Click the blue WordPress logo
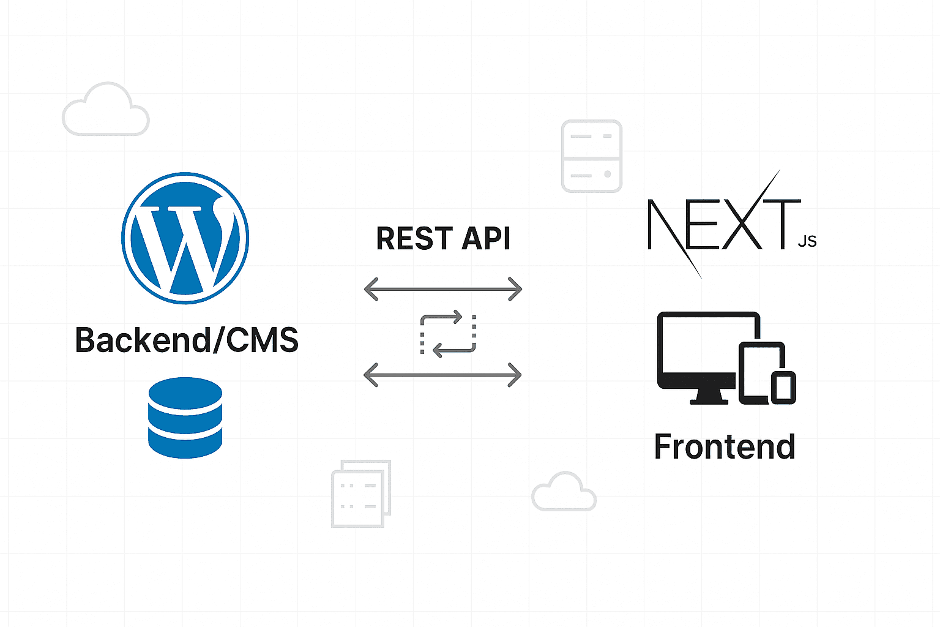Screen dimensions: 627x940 coord(185,238)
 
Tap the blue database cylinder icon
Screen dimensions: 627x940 coord(185,418)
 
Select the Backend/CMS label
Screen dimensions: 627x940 coord(187,340)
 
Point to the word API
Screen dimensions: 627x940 coord(486,238)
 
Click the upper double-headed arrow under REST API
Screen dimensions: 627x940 coord(443,288)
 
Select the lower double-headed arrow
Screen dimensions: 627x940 coord(442,374)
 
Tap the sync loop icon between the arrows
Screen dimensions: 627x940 coord(448,334)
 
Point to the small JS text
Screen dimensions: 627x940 coord(807,241)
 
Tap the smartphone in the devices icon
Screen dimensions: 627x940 coord(783,387)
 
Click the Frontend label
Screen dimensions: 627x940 coord(725,446)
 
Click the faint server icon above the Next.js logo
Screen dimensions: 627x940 coord(592,156)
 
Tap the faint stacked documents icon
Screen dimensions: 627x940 coord(360,494)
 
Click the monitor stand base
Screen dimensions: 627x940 coord(709,400)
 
